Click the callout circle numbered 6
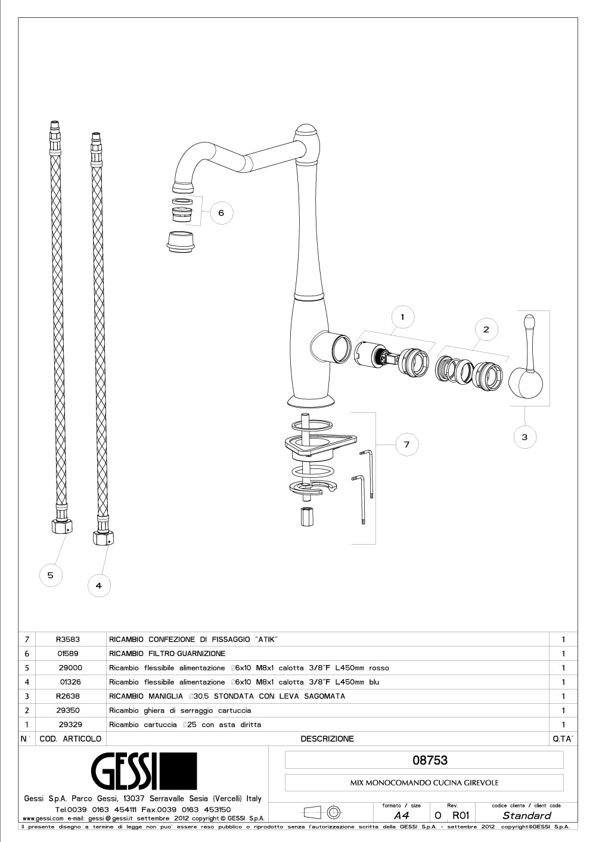pyautogui.click(x=221, y=213)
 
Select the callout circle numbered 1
pyautogui.click(x=402, y=317)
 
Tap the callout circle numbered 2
pyautogui.click(x=486, y=329)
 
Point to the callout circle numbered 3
pyautogui.click(x=524, y=437)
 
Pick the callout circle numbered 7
pyautogui.click(x=406, y=444)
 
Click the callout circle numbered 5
pyautogui.click(x=51, y=575)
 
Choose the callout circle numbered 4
pyautogui.click(x=99, y=586)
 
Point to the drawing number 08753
pyautogui.click(x=430, y=760)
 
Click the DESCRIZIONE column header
pyautogui.click(x=327, y=739)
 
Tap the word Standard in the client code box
pyautogui.click(x=526, y=816)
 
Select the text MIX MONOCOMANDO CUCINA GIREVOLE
pyautogui.click(x=424, y=783)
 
